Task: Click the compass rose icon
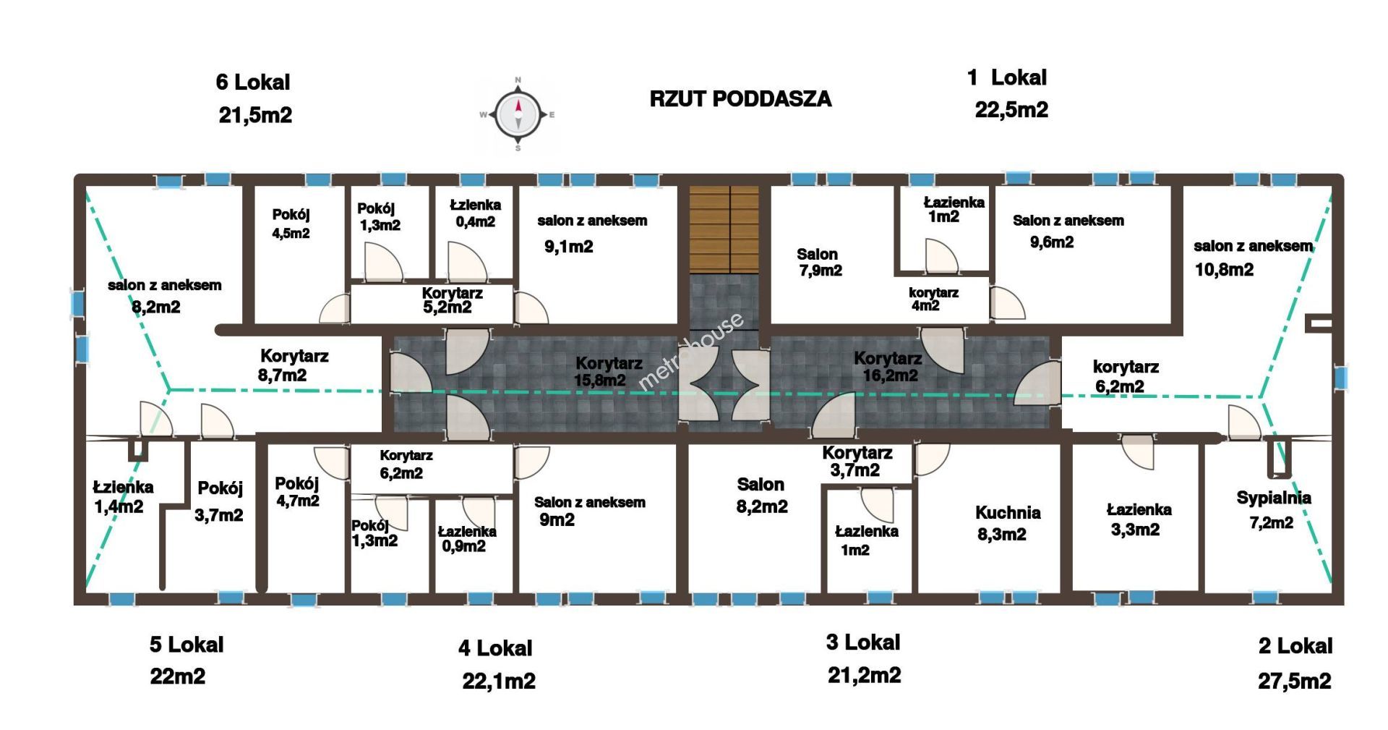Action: tap(518, 114)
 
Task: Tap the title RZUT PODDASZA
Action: tap(740, 99)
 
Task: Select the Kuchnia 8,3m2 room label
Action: tap(1006, 524)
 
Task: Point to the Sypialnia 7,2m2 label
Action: tap(1273, 510)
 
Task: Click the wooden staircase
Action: tap(724, 229)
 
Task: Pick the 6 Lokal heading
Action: tap(253, 82)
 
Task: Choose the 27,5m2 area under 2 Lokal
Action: tap(1294, 681)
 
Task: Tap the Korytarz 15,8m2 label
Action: tap(608, 371)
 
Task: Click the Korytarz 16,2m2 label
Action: tap(888, 367)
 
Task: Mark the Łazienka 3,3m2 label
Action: tap(1139, 519)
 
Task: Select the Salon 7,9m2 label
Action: tap(819, 263)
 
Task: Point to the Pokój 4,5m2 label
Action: tap(291, 224)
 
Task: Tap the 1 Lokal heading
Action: tap(1007, 77)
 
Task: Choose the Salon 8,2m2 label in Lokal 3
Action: tap(761, 496)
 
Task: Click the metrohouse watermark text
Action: tap(691, 352)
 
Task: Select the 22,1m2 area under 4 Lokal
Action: tap(499, 681)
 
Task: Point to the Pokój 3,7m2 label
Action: tap(220, 501)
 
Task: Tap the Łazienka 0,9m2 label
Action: tap(467, 539)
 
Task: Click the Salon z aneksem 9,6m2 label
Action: tap(1068, 232)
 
